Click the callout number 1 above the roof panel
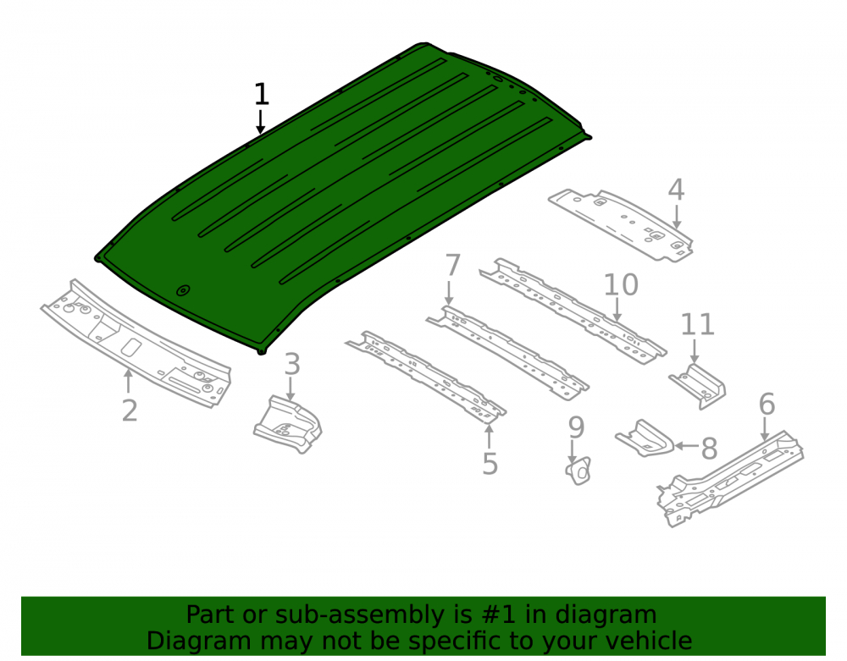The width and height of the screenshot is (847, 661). click(262, 95)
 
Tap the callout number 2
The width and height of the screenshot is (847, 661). click(130, 411)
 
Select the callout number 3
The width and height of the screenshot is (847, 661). click(292, 364)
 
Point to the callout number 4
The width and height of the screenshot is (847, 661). click(676, 190)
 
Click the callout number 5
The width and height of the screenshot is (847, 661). click(490, 464)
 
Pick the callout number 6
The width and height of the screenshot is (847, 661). click(767, 405)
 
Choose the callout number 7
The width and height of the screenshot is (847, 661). click(452, 266)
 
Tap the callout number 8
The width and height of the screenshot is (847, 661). click(709, 449)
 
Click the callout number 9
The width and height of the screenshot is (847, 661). click(576, 427)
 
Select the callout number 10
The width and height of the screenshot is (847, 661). click(621, 285)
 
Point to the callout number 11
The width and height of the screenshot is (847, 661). click(697, 325)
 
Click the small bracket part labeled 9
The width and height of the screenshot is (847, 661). click(579, 471)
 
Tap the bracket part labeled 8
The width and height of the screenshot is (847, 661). click(645, 439)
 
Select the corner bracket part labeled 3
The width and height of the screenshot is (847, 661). click(288, 424)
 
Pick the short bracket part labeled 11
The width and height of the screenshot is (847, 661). click(698, 386)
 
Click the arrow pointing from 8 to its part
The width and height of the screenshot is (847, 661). click(687, 446)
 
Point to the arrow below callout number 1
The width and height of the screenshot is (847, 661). click(261, 122)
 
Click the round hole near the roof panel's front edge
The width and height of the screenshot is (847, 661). click(184, 291)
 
